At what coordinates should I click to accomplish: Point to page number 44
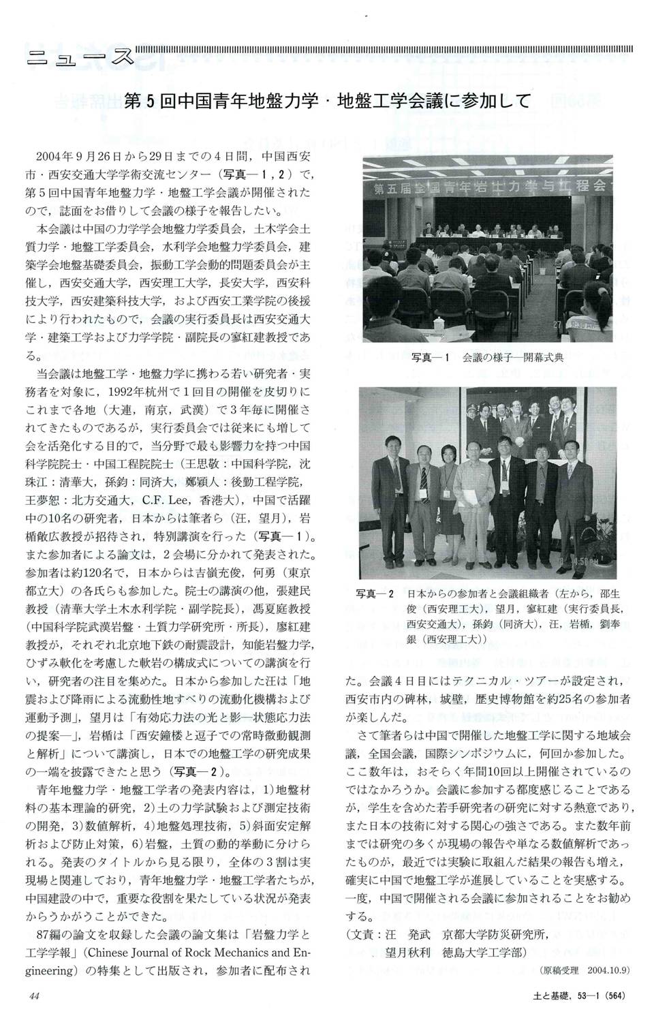pos(36,996)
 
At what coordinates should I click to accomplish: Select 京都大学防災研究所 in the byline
pos(495,936)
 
